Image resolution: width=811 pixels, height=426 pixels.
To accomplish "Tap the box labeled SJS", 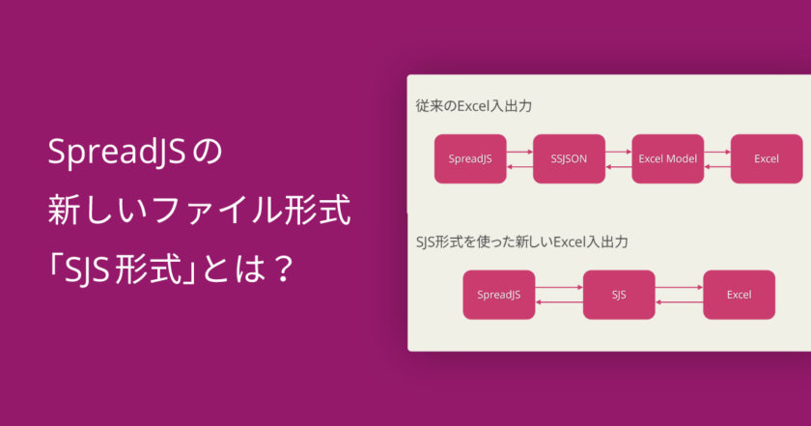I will coord(619,295).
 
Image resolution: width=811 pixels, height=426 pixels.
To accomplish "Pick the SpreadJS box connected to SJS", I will coord(498,295).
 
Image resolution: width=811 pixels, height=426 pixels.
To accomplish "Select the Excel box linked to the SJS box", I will coord(740,295).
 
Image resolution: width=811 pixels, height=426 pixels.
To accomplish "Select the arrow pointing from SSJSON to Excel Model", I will coord(618,152).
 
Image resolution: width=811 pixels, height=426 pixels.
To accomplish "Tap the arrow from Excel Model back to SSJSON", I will coord(618,167).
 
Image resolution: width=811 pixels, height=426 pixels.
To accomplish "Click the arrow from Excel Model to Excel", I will coord(716,152).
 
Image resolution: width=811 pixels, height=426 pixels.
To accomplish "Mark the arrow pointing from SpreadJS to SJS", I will coord(559,287).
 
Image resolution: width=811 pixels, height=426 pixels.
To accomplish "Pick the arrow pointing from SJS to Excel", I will coord(679,287).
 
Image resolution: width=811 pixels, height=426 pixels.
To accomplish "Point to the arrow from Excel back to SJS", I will coord(679,302).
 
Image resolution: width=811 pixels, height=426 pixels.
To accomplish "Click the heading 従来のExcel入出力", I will coord(473,105).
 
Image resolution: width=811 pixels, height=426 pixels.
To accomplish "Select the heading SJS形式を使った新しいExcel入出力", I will coord(521,241).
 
